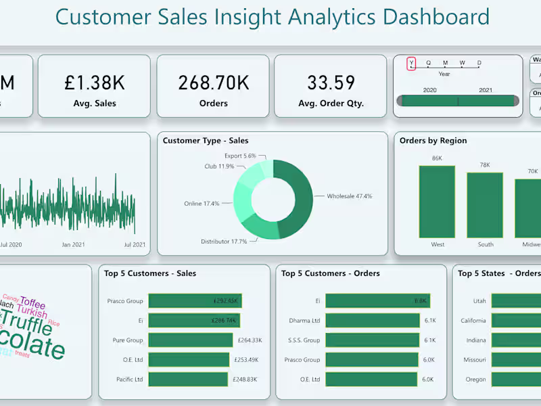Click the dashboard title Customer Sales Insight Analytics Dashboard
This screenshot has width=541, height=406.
[x=272, y=17]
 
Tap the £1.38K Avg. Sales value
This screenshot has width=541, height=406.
[x=95, y=83]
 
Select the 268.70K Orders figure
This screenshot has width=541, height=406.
[x=213, y=83]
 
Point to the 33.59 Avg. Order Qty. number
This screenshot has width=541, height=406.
[x=331, y=83]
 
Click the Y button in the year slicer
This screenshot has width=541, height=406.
[x=411, y=64]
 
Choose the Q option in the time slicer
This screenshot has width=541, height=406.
[x=428, y=64]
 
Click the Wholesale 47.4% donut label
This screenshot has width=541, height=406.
[x=349, y=196]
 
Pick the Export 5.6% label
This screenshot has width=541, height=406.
[x=241, y=156]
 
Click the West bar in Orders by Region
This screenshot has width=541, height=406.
[x=437, y=201]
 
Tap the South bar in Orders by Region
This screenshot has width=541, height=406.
[x=485, y=204]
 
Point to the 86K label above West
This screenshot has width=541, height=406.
[x=437, y=158]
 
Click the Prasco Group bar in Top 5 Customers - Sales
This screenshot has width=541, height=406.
[x=195, y=301]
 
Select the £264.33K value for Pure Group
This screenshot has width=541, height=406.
[x=250, y=340]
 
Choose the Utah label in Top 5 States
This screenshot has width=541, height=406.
[x=479, y=301]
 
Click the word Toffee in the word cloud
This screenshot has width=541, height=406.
[x=32, y=302]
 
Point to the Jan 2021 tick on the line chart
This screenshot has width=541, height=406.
[x=73, y=245]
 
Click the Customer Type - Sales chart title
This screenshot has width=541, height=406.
[x=206, y=141]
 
